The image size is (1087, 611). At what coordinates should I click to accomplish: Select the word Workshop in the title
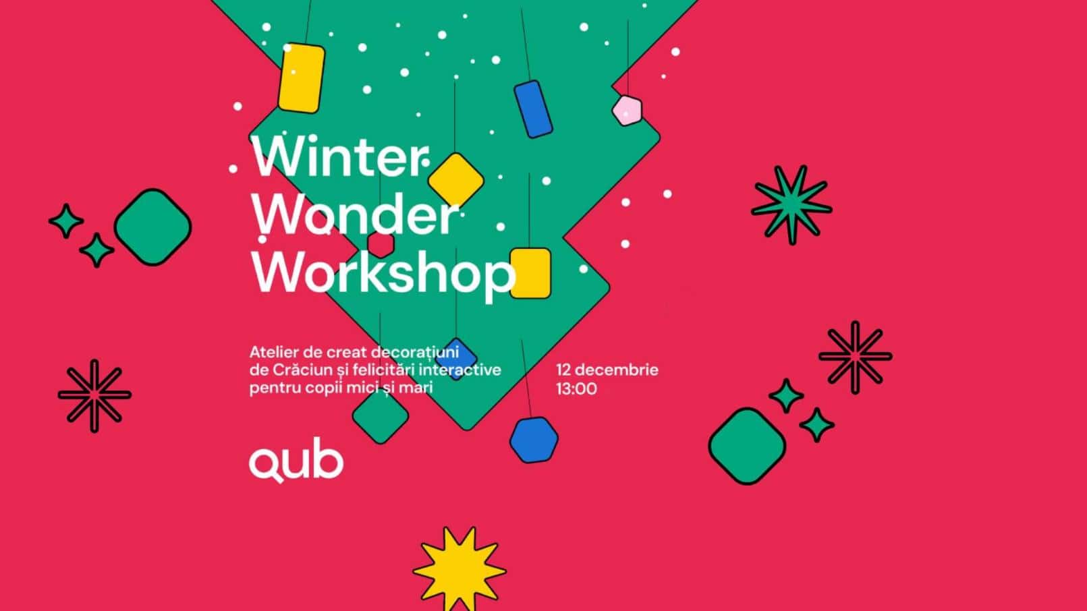[383, 273]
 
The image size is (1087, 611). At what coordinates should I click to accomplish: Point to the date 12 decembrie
[607, 370]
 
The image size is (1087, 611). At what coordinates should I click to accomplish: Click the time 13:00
[576, 389]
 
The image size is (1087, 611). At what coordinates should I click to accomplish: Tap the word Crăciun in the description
[303, 370]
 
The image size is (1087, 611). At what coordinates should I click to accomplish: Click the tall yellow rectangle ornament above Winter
[302, 78]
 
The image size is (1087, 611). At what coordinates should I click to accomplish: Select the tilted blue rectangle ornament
[533, 109]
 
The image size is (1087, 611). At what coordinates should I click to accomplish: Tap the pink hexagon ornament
[627, 111]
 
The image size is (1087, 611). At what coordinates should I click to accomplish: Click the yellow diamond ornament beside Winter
[455, 180]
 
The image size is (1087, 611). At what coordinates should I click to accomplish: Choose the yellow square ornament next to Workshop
[530, 274]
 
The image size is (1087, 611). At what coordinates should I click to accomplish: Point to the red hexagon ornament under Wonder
[381, 243]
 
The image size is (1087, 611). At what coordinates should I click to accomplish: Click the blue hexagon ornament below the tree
[534, 440]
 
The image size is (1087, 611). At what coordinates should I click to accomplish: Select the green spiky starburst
[791, 205]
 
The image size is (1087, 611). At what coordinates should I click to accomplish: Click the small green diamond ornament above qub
[381, 416]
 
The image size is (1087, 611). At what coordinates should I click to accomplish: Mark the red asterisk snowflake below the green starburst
[855, 357]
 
